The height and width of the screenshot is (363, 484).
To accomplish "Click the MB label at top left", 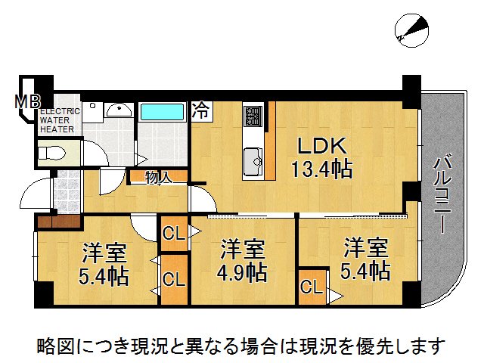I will pyautogui.click(x=29, y=100).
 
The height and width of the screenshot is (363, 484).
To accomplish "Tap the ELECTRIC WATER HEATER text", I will pyautogui.click(x=57, y=119).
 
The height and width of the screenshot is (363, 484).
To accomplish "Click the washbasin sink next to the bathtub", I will pyautogui.click(x=117, y=111).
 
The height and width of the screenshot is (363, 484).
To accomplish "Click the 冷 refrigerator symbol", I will pyautogui.click(x=201, y=110).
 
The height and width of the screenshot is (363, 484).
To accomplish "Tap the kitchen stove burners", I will pyautogui.click(x=252, y=117).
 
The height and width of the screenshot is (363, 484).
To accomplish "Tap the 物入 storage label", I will pyautogui.click(x=158, y=178).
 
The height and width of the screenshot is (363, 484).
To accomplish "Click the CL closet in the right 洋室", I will pyautogui.click(x=309, y=288).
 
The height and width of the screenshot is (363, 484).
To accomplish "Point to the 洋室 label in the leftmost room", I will pyautogui.click(x=104, y=252).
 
